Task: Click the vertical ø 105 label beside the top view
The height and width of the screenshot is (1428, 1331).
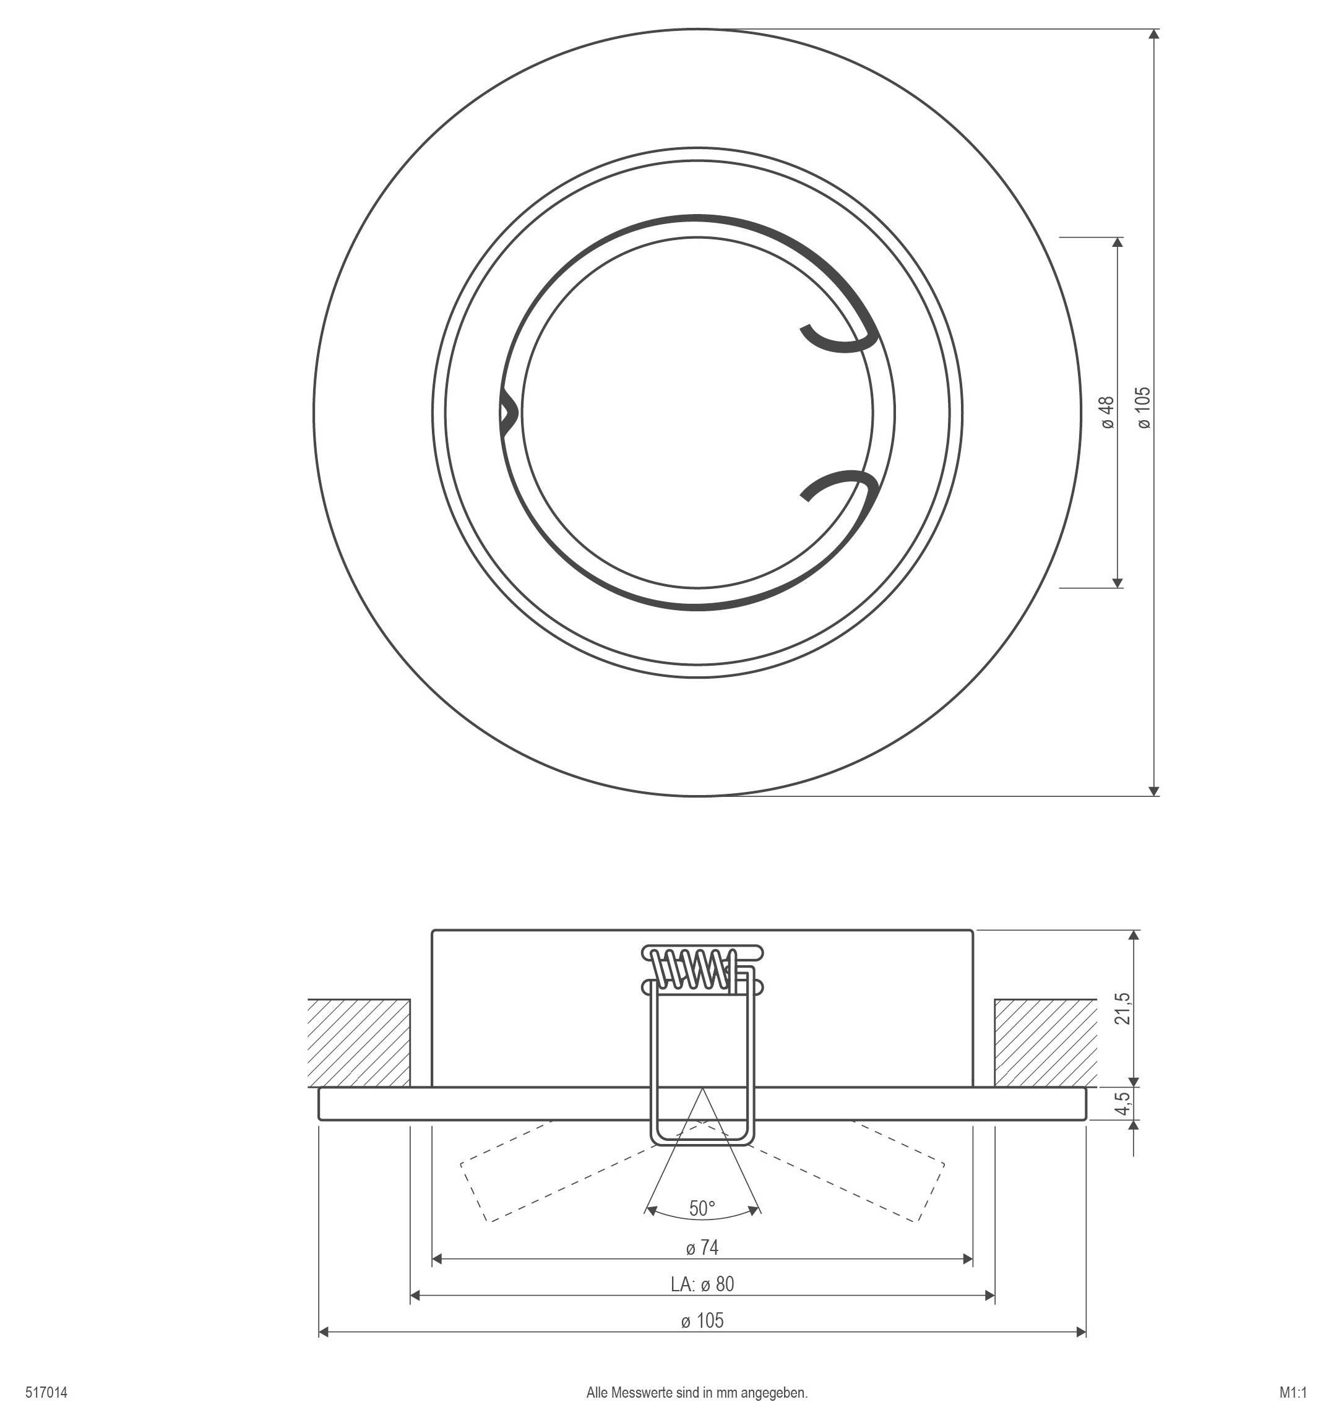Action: pyautogui.click(x=1144, y=408)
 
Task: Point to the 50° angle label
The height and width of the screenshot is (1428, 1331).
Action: pyautogui.click(x=702, y=1208)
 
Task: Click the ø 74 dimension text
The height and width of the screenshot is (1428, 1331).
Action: pyautogui.click(x=702, y=1248)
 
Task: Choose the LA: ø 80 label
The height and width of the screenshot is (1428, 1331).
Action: pyautogui.click(x=702, y=1284)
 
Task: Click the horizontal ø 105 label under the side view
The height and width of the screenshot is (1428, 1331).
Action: pyautogui.click(x=702, y=1320)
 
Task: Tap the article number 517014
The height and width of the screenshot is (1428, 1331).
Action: pyautogui.click(x=46, y=1393)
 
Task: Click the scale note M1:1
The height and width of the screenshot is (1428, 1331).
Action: pyautogui.click(x=1292, y=1393)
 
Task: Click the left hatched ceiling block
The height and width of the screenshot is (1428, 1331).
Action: pyautogui.click(x=358, y=1043)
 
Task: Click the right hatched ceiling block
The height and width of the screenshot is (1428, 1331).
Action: pyautogui.click(x=1045, y=1043)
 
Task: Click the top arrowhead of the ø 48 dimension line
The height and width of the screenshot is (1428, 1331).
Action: pyautogui.click(x=1117, y=243)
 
